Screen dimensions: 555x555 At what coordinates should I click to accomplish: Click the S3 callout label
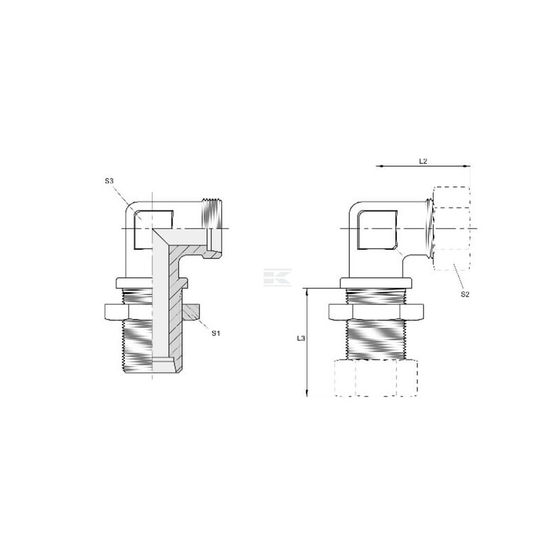tap(109, 181)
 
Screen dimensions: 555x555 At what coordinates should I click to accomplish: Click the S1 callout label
tap(216, 333)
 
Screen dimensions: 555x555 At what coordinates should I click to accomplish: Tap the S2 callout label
tap(465, 294)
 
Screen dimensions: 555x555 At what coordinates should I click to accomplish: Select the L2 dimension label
tap(423, 161)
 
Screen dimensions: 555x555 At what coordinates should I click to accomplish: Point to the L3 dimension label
tap(301, 339)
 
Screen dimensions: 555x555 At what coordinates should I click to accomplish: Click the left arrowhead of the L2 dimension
tap(379, 166)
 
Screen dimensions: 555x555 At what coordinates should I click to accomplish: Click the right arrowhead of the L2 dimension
tap(467, 166)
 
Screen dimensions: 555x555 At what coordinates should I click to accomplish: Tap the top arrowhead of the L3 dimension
tap(307, 291)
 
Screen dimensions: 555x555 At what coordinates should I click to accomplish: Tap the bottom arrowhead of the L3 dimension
tap(307, 393)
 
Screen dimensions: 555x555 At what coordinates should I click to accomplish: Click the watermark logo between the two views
tap(277, 277)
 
